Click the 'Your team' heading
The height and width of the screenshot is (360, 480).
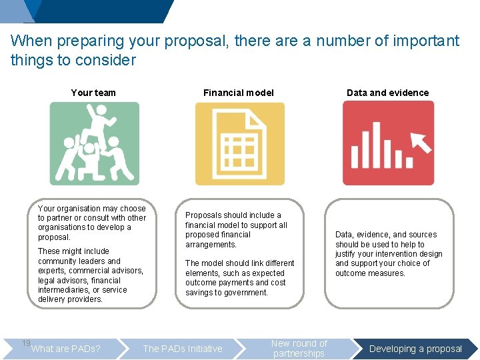pyautogui.click(x=93, y=93)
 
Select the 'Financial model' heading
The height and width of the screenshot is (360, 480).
pyautogui.click(x=239, y=93)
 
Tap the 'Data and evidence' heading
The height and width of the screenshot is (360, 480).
pyautogui.click(x=387, y=93)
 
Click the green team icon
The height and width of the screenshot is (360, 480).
pyautogui.click(x=94, y=143)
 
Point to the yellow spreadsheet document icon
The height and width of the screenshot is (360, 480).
pyautogui.click(x=239, y=143)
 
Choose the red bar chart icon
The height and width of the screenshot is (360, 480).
pyautogui.click(x=388, y=143)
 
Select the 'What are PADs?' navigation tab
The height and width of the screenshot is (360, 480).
pyautogui.click(x=66, y=349)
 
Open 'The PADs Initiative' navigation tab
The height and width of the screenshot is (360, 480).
pyautogui.click(x=183, y=349)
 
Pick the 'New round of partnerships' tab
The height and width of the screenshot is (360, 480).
pyautogui.click(x=299, y=349)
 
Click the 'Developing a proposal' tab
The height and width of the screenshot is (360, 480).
pyautogui.click(x=415, y=349)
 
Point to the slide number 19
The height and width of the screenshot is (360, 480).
pyautogui.click(x=26, y=343)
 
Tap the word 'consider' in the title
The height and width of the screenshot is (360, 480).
pyautogui.click(x=107, y=60)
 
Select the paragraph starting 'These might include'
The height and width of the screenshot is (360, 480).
pyautogui.click(x=91, y=275)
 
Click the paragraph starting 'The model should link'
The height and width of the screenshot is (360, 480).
pyautogui.click(x=239, y=278)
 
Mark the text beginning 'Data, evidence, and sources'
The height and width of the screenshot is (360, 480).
pyautogui.click(x=389, y=254)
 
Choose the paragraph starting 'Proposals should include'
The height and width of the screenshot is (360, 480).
pyautogui.click(x=236, y=230)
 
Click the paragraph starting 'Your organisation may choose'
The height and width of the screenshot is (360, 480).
pyautogui.click(x=92, y=223)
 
